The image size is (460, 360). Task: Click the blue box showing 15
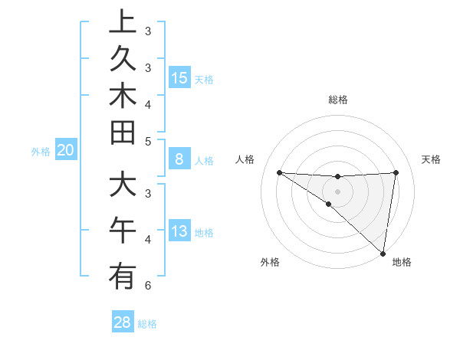[179, 77]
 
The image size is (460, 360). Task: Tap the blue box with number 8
[179, 159]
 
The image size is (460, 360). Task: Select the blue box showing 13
[179, 231]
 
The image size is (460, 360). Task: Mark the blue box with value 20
[66, 150]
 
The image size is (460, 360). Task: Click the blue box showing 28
[123, 322]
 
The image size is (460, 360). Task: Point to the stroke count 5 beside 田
[148, 140]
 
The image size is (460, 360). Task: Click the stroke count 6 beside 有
[148, 286]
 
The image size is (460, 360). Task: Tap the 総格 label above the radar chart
[337, 100]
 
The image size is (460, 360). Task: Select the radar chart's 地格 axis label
[402, 262]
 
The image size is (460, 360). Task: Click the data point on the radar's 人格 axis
[279, 172]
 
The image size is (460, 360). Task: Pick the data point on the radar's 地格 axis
[383, 253]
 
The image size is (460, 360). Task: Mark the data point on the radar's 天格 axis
[396, 172]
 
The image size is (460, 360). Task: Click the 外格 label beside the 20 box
[41, 152]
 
